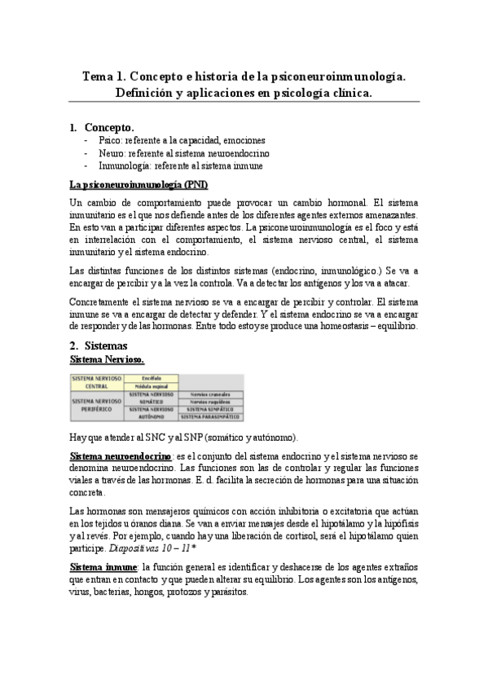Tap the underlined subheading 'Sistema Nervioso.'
click(x=108, y=359)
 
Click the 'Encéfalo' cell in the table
click(x=151, y=378)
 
